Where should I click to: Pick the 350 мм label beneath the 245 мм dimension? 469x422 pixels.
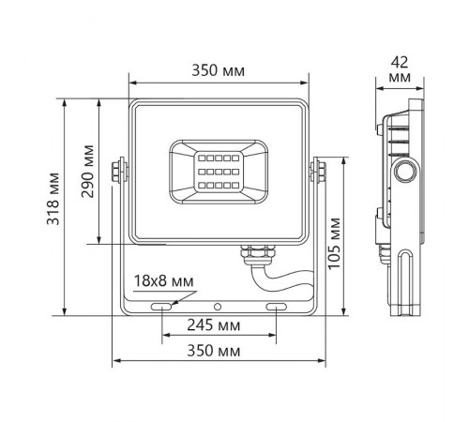tap(220, 350)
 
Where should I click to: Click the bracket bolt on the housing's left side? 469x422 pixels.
tap(117, 170)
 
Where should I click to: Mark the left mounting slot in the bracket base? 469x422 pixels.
tap(163, 307)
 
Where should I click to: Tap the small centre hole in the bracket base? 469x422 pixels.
tap(219, 307)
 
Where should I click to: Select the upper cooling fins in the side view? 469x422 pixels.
tap(393, 131)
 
